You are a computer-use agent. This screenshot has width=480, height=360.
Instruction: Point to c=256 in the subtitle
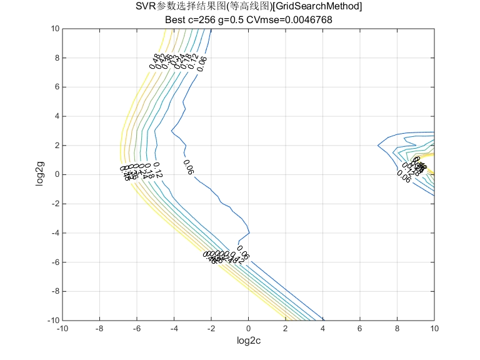tap(203, 19)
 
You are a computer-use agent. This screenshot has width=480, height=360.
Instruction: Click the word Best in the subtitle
tap(176, 19)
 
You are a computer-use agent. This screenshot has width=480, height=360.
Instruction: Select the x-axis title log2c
tap(248, 341)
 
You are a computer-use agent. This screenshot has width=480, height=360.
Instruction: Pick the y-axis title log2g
tap(41, 174)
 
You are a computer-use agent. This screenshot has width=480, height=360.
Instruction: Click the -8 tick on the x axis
tap(99, 328)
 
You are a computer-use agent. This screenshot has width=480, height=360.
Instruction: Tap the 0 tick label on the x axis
tap(248, 328)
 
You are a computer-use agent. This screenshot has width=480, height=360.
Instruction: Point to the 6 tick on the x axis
tap(360, 328)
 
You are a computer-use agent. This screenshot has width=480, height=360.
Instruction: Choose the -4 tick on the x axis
tap(173, 328)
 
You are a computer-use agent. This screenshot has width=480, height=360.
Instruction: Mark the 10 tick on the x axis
tap(434, 328)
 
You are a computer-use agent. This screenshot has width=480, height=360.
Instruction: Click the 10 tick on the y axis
tap(55, 29)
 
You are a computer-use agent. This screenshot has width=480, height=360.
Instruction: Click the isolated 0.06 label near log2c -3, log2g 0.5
tap(188, 167)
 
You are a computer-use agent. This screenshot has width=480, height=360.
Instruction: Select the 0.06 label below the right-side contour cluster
tap(404, 177)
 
